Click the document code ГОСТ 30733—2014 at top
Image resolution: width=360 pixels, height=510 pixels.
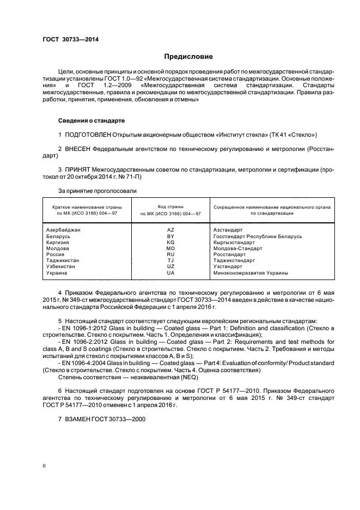point(70,39)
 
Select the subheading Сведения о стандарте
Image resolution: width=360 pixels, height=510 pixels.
point(91,120)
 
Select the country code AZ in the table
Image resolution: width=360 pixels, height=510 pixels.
point(170,230)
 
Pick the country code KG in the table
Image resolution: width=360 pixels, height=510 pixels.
point(170,242)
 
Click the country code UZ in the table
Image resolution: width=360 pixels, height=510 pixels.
point(170,266)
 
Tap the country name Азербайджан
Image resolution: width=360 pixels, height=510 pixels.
point(64,230)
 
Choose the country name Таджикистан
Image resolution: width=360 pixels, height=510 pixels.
point(63,260)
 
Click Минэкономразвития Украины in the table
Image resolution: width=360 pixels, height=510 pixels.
point(251,272)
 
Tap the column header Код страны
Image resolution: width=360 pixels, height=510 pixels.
point(170,207)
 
